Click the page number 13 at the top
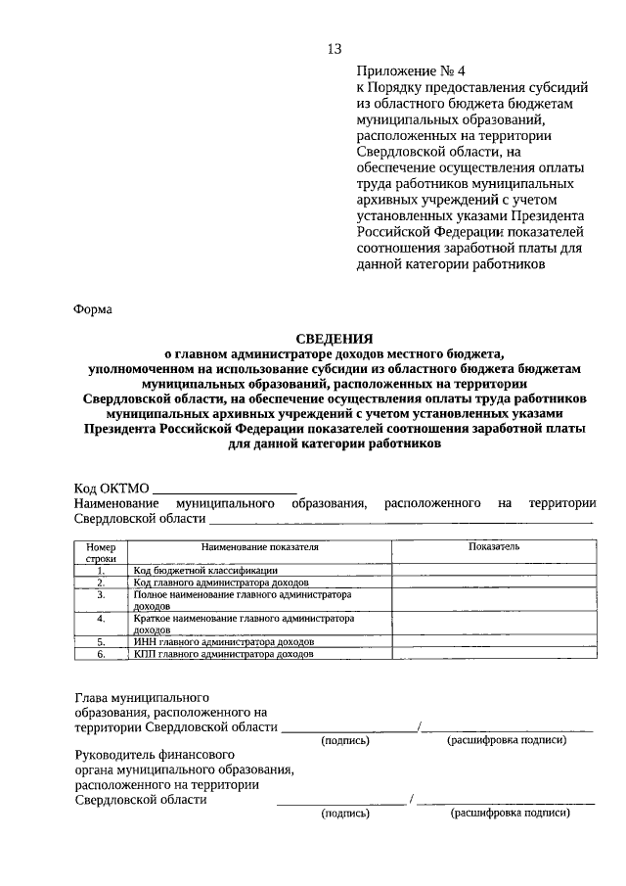335,49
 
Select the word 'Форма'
94,309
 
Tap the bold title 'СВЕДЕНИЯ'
335,338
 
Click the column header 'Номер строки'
101,551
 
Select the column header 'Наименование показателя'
260,545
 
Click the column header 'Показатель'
494,545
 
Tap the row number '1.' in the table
101,570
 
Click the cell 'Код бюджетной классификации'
205,570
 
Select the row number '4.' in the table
101,620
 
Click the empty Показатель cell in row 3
494,600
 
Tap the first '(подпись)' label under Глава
345,740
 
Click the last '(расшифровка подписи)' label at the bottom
509,813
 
